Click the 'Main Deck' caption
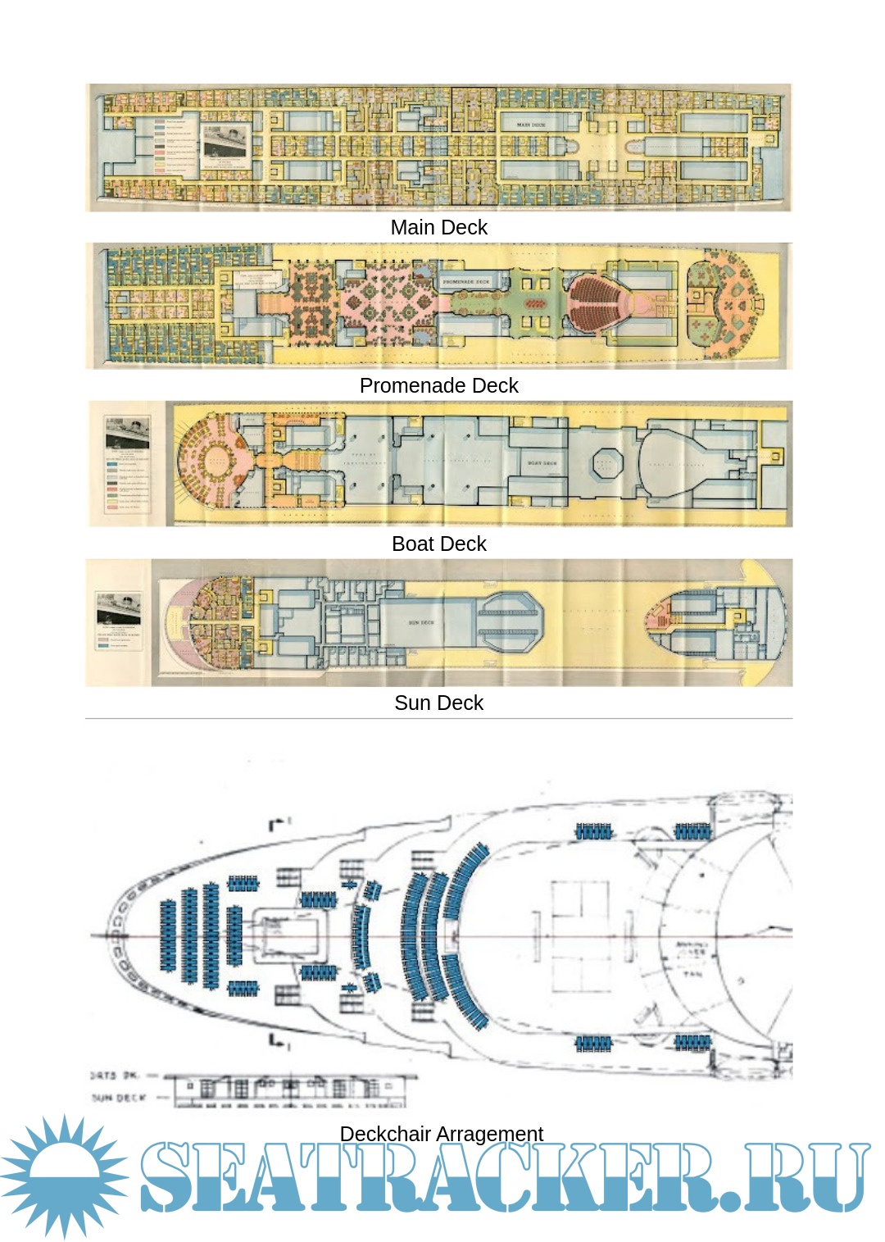point(438,227)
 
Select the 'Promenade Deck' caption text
point(438,385)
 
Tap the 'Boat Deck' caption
point(438,544)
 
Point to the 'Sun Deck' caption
point(438,703)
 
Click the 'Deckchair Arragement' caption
point(441,1133)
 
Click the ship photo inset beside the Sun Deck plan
point(118,607)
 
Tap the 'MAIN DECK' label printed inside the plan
point(531,125)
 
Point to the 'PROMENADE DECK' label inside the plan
point(466,281)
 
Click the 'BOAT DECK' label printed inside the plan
point(542,463)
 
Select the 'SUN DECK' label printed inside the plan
point(421,623)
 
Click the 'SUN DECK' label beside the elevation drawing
point(120,1097)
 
